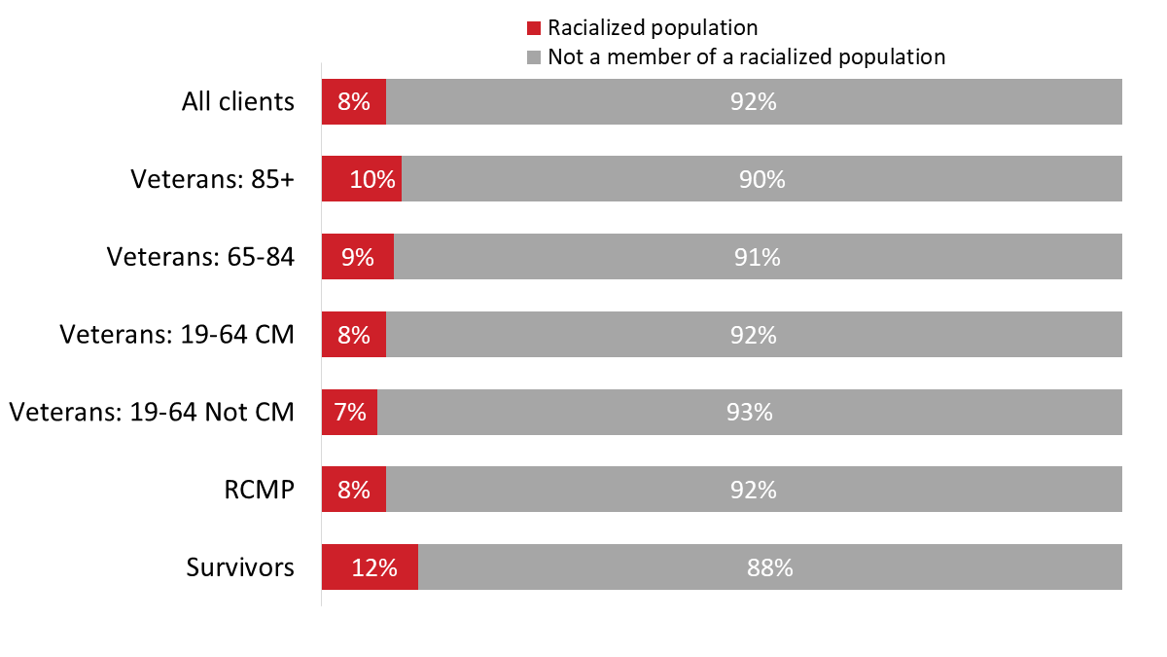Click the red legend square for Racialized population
click(x=533, y=28)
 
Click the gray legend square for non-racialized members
click(x=533, y=57)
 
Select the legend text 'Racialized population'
click(x=653, y=28)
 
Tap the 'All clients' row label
click(x=238, y=101)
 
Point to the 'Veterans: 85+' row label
click(x=213, y=179)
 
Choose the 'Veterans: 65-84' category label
click(x=200, y=257)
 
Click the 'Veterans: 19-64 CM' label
click(x=177, y=335)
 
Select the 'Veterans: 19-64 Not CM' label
click(x=152, y=412)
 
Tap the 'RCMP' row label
click(x=259, y=490)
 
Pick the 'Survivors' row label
click(x=240, y=567)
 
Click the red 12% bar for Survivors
click(x=371, y=567)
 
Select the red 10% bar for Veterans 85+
click(x=362, y=179)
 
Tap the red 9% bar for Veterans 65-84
click(x=358, y=257)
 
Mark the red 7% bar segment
click(x=350, y=412)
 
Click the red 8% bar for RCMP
click(x=354, y=490)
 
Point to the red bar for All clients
click(x=354, y=101)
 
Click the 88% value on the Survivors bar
click(x=770, y=567)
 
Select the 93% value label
click(x=749, y=412)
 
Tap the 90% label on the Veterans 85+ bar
click(x=761, y=179)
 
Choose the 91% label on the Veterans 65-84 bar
click(x=758, y=257)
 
